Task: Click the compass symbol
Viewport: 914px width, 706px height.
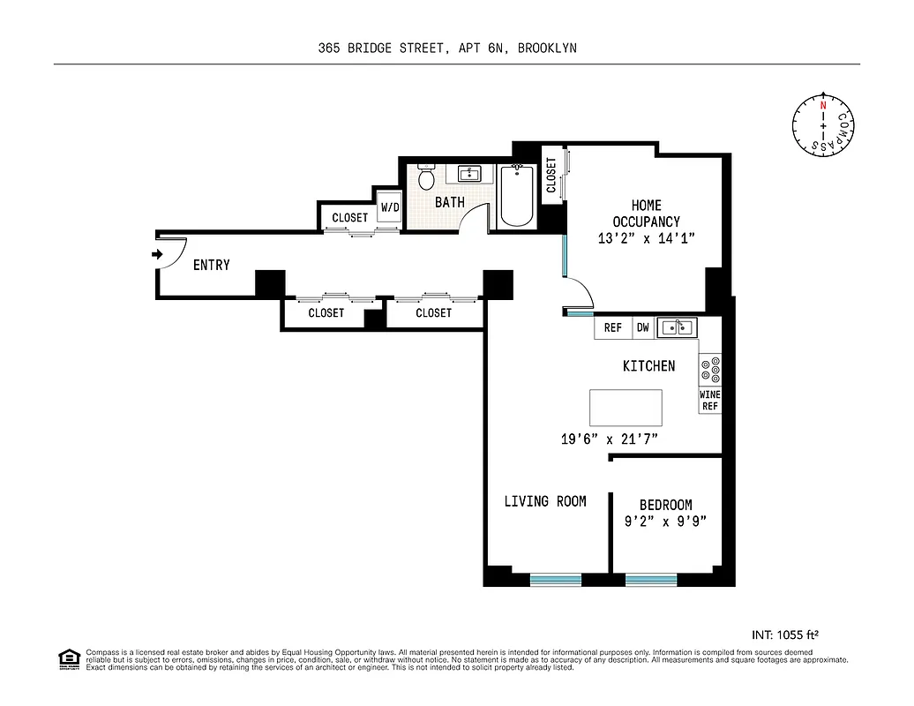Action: click(x=823, y=127)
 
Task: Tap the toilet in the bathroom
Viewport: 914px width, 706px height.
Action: click(x=427, y=178)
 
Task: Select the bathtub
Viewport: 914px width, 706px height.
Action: click(x=517, y=196)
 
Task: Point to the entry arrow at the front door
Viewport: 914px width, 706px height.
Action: click(x=158, y=255)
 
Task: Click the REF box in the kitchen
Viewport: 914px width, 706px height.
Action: click(x=613, y=327)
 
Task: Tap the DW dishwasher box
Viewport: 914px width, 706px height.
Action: click(x=642, y=327)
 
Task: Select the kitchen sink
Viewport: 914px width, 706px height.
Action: click(x=677, y=327)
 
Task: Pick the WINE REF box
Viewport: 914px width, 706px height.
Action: click(x=711, y=401)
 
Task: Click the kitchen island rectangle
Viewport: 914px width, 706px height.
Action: click(x=626, y=409)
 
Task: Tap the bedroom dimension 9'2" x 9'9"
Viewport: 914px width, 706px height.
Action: click(x=665, y=521)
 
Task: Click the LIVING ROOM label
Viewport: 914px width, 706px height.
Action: click(x=545, y=501)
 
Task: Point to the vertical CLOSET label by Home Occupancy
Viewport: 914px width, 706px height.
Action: click(x=551, y=176)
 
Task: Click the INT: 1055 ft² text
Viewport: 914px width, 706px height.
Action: click(x=788, y=634)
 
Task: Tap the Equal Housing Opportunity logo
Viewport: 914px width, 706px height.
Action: click(x=69, y=659)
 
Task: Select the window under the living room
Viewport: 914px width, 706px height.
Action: click(x=556, y=580)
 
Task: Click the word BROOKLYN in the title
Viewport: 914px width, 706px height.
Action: click(x=547, y=49)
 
